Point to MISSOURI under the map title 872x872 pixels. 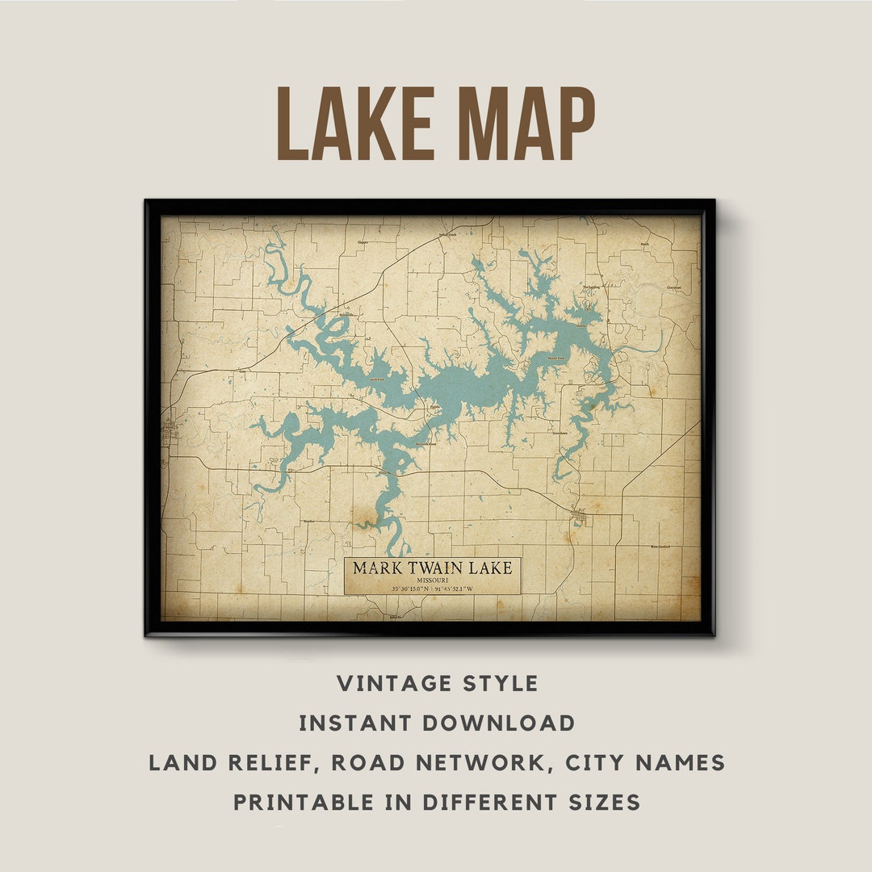click(x=433, y=580)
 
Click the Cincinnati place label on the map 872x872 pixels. click(x=673, y=287)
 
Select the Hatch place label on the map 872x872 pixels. click(x=644, y=243)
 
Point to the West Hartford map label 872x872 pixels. click(x=660, y=547)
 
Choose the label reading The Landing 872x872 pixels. click(x=591, y=287)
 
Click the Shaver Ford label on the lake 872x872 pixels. click(x=556, y=358)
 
